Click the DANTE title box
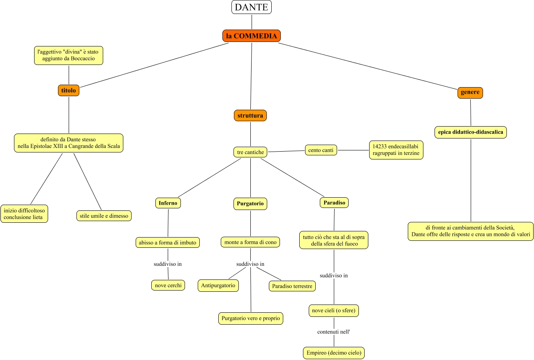click(252, 7)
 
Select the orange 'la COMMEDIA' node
click(252, 36)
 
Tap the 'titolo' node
click(69, 90)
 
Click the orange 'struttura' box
click(250, 116)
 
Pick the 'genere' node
click(470, 92)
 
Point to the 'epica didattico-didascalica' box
click(470, 132)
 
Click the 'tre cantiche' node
click(250, 152)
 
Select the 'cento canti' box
click(321, 150)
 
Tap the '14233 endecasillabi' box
click(396, 150)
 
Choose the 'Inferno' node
click(168, 203)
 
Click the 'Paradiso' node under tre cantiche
click(334, 203)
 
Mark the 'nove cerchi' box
click(168, 285)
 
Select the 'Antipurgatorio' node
click(218, 285)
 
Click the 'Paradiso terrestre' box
click(292, 286)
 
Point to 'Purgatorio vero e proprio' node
click(250, 318)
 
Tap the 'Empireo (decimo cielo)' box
click(334, 353)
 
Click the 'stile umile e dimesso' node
click(104, 215)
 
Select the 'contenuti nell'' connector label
click(333, 332)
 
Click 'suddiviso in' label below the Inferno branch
click(168, 264)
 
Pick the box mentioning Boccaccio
click(69, 55)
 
